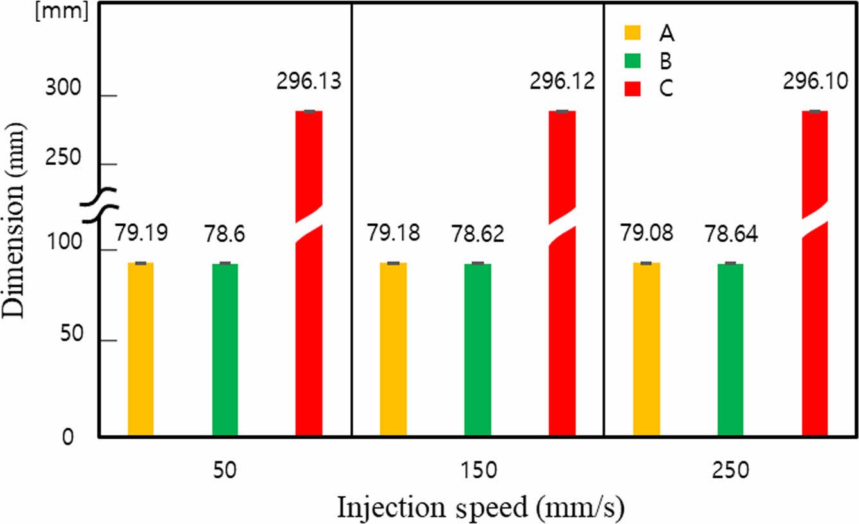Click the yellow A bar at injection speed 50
tap(140, 350)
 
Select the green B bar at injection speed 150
tap(477, 350)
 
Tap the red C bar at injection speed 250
tap(815, 321)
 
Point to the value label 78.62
tap(478, 234)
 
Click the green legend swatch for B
tap(633, 60)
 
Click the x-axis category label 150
tap(478, 471)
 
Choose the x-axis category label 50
tap(225, 471)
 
